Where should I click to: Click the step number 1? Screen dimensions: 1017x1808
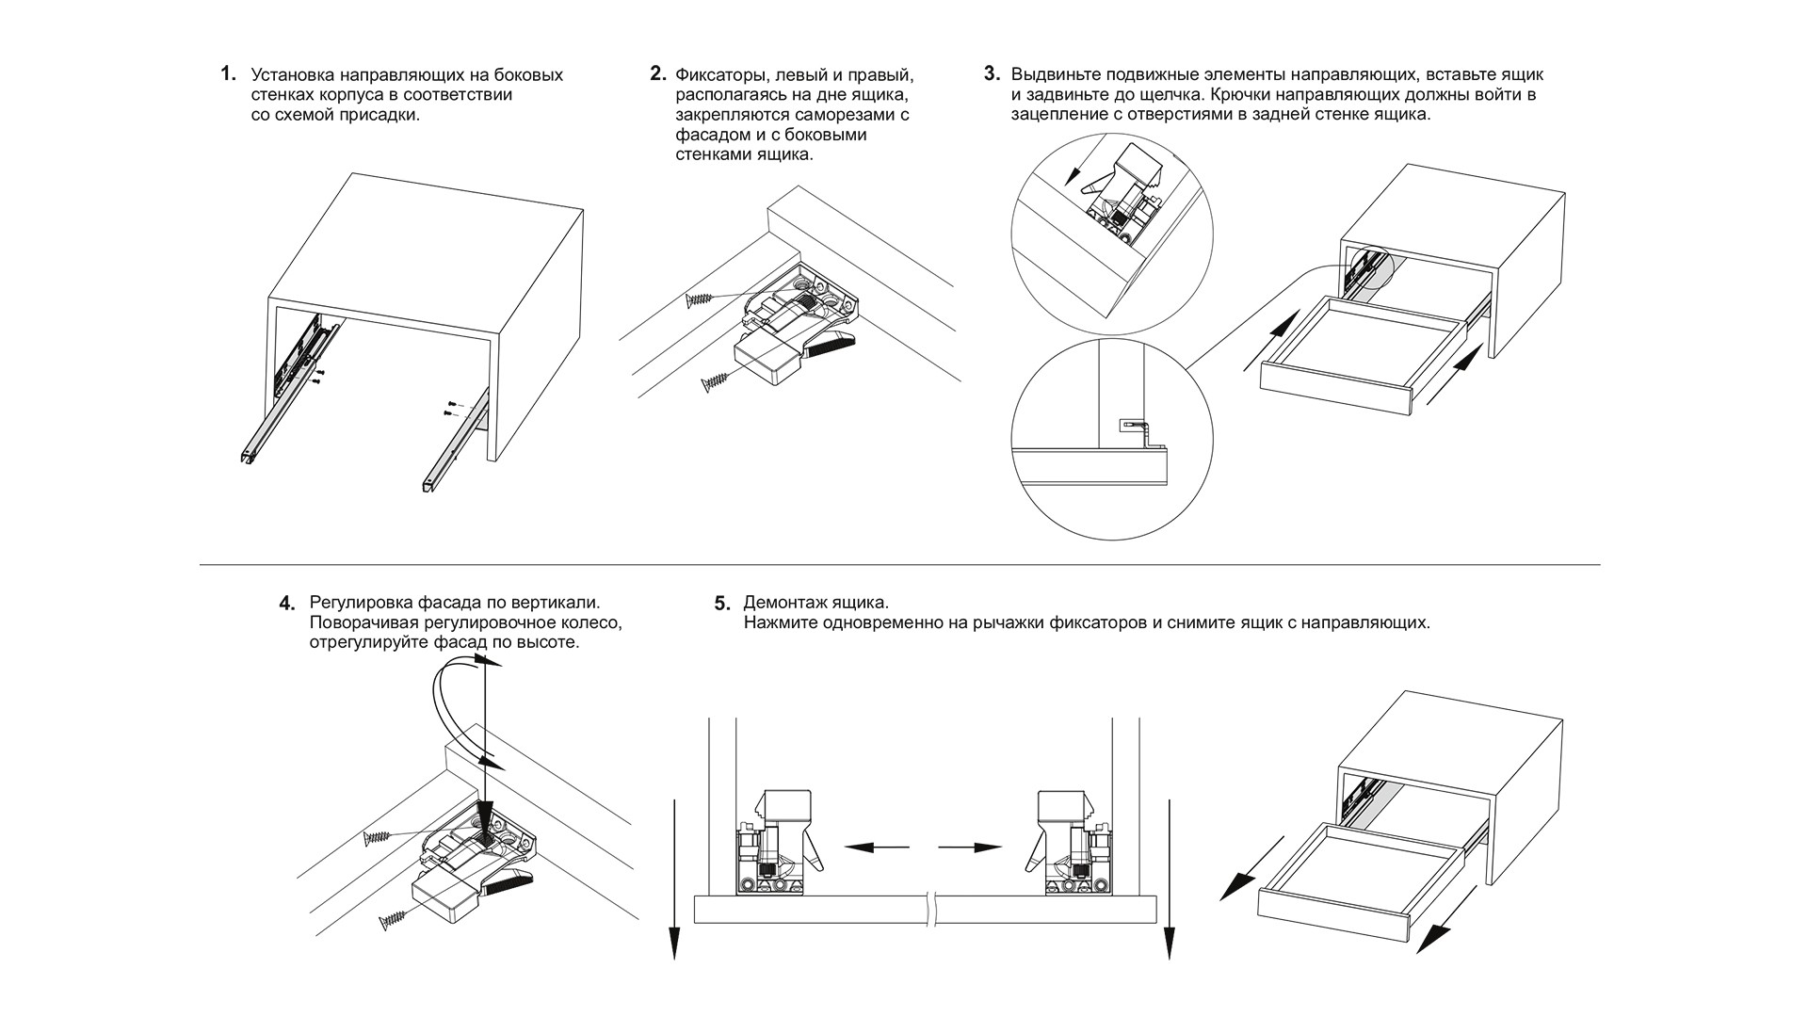(227, 73)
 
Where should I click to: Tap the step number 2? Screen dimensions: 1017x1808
(658, 73)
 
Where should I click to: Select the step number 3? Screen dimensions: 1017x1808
(992, 73)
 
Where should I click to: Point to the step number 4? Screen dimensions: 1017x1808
(287, 603)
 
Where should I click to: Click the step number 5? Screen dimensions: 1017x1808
(722, 603)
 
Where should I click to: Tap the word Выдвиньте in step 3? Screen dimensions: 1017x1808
(1054, 74)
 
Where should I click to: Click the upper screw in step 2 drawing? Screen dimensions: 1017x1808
(700, 299)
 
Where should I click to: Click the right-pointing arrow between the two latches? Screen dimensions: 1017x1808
(970, 847)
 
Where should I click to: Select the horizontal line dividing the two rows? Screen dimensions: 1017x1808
(899, 564)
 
